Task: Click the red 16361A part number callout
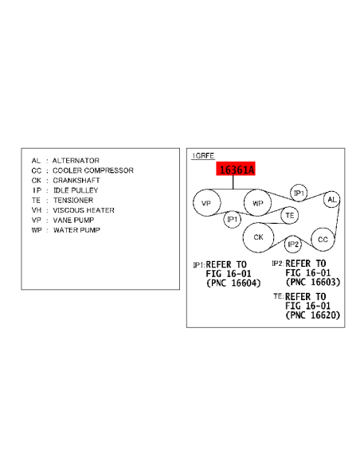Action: (236, 169)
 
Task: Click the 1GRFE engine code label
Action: (203, 156)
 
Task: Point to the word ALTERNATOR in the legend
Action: (76, 161)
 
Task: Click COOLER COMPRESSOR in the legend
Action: (93, 170)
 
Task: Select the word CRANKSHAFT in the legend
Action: (76, 181)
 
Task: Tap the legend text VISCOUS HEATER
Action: (84, 210)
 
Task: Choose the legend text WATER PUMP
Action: (76, 230)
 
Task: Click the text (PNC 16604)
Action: (233, 283)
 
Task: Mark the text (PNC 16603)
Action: (313, 282)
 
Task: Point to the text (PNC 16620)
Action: (313, 315)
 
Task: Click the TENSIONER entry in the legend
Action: (73, 201)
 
